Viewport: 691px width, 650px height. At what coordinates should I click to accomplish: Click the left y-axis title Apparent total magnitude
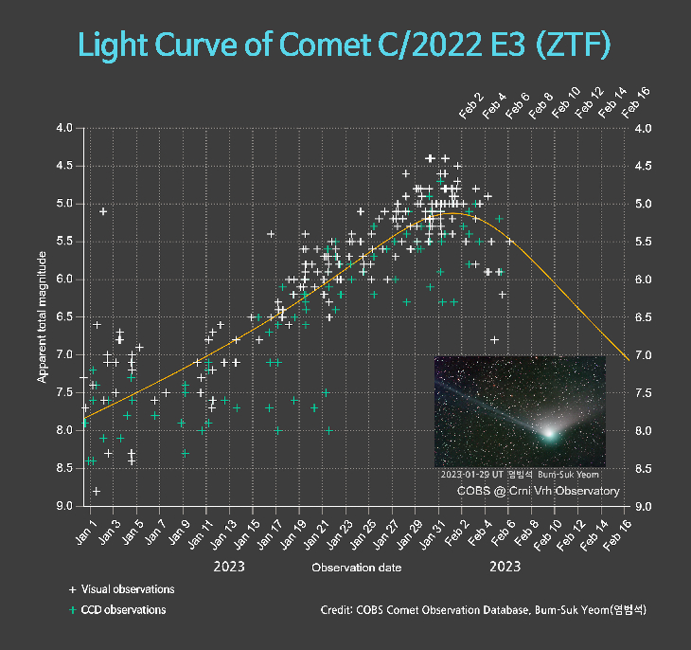44,316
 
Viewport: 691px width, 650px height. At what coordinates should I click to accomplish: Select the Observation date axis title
356,569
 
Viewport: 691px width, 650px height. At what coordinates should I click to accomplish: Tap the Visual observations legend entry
120,589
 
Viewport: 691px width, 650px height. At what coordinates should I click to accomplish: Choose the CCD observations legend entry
117,610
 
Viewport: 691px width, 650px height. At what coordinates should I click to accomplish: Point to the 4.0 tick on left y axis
63,128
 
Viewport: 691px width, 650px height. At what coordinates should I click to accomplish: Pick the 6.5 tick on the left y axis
63,317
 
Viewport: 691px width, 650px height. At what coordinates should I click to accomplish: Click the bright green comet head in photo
548,432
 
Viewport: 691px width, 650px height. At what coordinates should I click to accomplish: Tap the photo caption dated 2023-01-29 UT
521,474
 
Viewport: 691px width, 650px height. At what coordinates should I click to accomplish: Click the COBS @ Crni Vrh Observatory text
539,491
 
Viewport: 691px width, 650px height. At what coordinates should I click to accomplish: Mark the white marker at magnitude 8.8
97,491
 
